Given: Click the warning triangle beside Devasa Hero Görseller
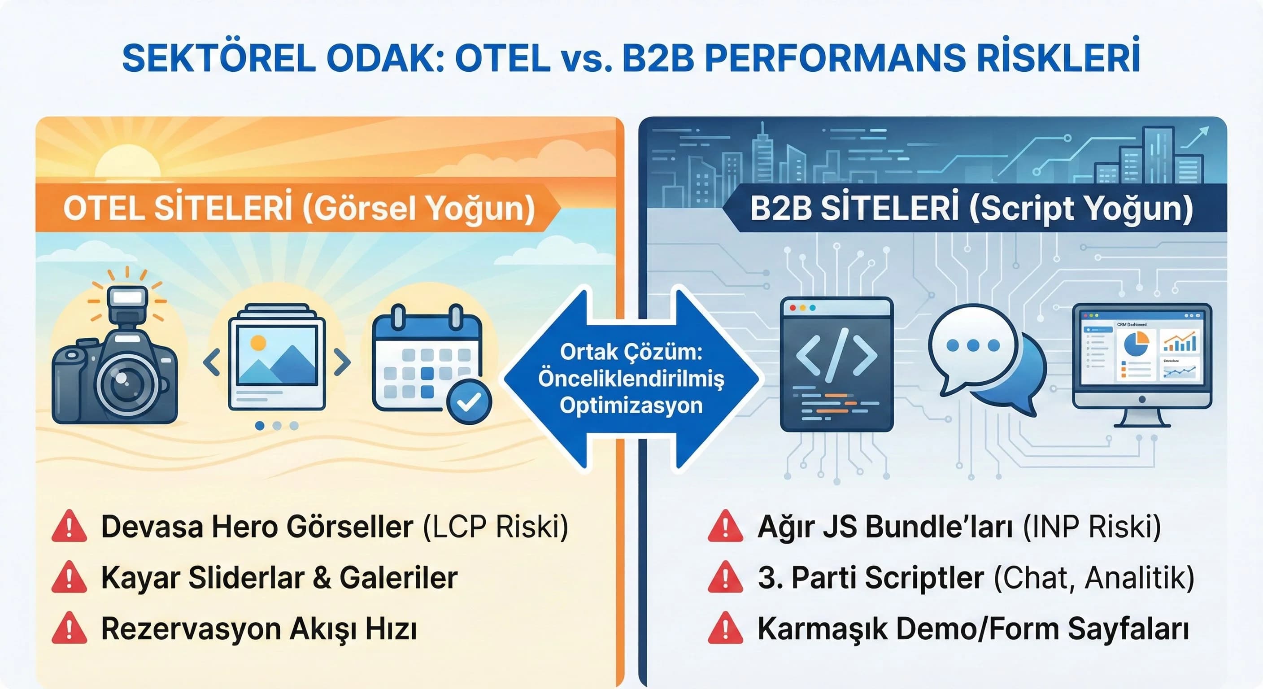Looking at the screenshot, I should pyautogui.click(x=69, y=526).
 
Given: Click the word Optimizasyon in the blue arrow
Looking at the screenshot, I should pyautogui.click(x=631, y=406).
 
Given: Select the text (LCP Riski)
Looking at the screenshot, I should pyautogui.click(x=495, y=527).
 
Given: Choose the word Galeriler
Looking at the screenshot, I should pyautogui.click(x=399, y=578).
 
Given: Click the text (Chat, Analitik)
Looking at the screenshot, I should pyautogui.click(x=1094, y=578).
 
